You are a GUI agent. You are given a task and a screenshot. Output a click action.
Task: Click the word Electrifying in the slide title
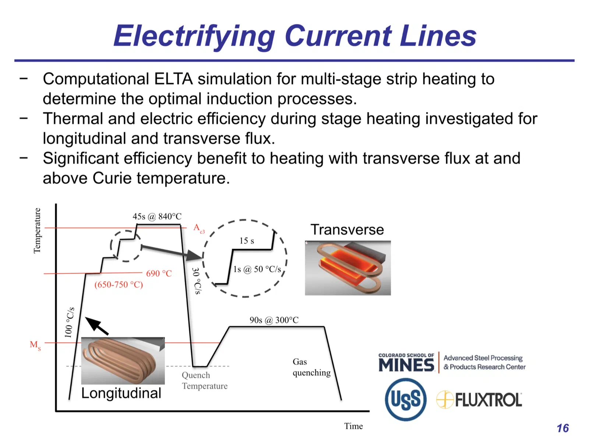click(x=194, y=36)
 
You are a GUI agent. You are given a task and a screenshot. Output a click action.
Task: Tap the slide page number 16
click(x=563, y=428)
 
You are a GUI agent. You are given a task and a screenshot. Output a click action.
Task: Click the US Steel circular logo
click(x=405, y=399)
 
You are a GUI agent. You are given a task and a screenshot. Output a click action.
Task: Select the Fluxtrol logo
click(x=479, y=399)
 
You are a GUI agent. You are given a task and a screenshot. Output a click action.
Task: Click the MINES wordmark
click(x=406, y=364)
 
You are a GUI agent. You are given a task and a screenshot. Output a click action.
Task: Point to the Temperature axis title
click(x=37, y=230)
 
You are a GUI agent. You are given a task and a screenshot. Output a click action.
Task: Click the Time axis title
click(x=353, y=426)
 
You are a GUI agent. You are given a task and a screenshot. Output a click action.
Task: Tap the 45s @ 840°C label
click(x=157, y=216)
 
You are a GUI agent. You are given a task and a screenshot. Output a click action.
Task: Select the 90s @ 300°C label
click(x=274, y=320)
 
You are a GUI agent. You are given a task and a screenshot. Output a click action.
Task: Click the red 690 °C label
click(x=159, y=274)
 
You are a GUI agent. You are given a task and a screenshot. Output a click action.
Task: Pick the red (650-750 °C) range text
click(x=119, y=284)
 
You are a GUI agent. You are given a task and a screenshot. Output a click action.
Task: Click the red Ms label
click(x=35, y=345)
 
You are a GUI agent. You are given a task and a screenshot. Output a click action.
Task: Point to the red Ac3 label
click(x=199, y=229)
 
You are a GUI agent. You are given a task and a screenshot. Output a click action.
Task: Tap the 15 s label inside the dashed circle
click(x=247, y=241)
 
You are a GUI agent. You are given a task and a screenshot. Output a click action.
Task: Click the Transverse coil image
click(x=348, y=268)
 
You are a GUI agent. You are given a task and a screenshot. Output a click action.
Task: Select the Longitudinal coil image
click(x=123, y=360)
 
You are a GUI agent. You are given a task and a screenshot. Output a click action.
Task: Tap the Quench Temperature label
click(x=204, y=380)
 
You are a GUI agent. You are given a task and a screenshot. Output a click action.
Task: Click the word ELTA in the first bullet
click(x=173, y=79)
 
